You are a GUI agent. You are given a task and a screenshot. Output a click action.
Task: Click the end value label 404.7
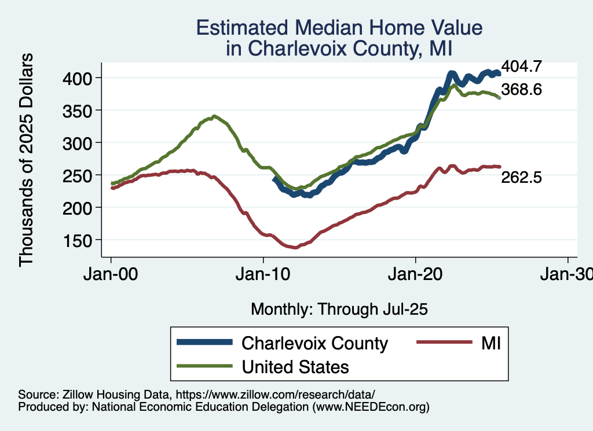[x=521, y=67]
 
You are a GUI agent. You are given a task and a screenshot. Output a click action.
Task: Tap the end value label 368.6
[x=521, y=90]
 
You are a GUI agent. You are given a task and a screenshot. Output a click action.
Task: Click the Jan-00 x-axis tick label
[x=111, y=275]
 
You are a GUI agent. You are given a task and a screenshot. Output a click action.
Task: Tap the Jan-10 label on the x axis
[x=263, y=275]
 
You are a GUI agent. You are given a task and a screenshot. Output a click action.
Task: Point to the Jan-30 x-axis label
[x=565, y=275]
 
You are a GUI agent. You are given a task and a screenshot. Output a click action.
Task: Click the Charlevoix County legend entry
[x=314, y=343]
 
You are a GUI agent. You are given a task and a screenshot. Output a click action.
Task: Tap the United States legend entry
[x=295, y=367]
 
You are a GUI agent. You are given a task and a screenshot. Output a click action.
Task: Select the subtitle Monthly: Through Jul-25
[x=339, y=310]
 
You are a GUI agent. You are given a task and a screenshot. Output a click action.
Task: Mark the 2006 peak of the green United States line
[x=214, y=116]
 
